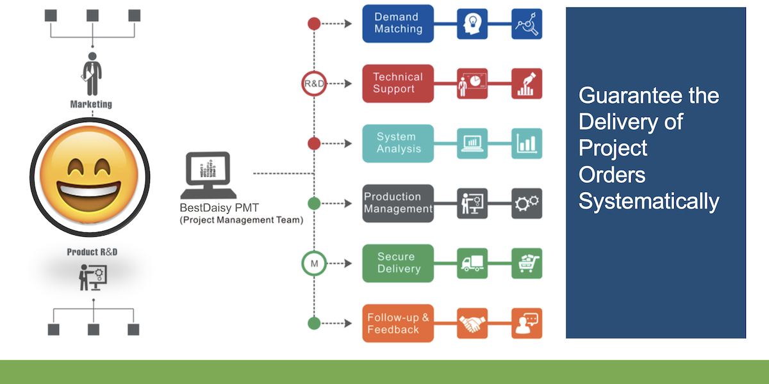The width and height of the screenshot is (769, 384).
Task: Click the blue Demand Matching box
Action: (x=398, y=24)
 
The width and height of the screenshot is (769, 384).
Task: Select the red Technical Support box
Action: (x=398, y=83)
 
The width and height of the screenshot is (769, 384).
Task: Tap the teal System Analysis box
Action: (x=398, y=143)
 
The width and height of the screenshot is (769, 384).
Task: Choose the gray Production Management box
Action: (x=398, y=204)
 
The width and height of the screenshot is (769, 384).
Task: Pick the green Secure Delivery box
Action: (x=398, y=263)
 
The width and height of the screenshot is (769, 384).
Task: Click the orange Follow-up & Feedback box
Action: (x=398, y=323)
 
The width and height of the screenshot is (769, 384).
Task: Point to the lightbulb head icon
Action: (x=472, y=24)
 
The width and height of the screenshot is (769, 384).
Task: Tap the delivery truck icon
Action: (x=472, y=263)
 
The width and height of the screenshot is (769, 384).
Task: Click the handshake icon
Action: (x=472, y=323)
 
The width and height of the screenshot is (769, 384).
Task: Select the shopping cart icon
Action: (x=527, y=263)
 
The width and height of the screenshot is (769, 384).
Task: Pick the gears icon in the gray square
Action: (x=527, y=204)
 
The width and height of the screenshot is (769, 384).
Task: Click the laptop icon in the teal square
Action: (x=472, y=143)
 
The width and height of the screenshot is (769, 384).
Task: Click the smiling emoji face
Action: (x=90, y=177)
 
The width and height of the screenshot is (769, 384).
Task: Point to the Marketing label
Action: (x=91, y=104)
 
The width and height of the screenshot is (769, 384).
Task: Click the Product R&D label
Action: (x=92, y=252)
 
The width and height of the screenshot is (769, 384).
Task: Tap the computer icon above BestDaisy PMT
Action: (x=208, y=175)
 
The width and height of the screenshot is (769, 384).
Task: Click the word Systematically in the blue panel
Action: (x=649, y=201)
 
